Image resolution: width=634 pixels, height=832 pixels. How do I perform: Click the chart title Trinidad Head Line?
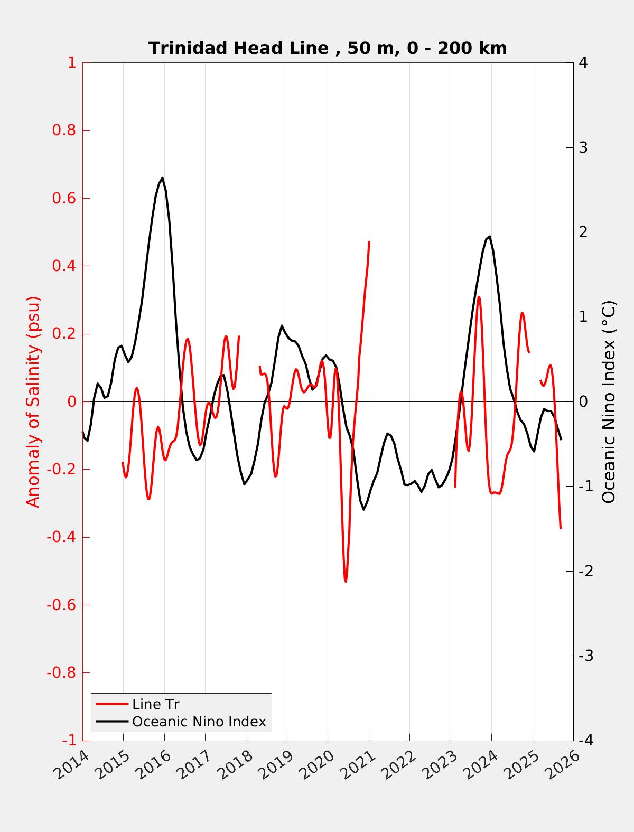tap(328, 48)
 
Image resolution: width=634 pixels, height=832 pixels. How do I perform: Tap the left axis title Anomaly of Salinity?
tap(33, 401)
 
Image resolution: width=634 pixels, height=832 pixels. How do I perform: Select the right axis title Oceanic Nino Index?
tap(609, 401)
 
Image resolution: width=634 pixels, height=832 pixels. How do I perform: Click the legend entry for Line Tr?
tap(155, 704)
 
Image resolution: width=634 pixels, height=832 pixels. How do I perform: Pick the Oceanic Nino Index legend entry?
tap(199, 722)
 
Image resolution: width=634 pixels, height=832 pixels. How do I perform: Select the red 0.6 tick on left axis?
tap(64, 198)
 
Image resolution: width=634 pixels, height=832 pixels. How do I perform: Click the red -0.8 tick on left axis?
tap(61, 672)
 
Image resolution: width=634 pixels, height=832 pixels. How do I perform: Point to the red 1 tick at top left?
tap(71, 62)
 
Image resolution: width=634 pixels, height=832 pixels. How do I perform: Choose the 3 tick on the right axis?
tap(583, 147)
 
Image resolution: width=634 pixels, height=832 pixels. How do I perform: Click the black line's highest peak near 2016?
tap(162, 178)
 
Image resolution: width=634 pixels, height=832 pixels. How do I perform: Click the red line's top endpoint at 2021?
tap(369, 241)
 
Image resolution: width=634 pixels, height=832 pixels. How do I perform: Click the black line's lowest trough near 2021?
tap(363, 509)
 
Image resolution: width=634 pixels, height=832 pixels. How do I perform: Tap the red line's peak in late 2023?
tap(479, 297)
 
